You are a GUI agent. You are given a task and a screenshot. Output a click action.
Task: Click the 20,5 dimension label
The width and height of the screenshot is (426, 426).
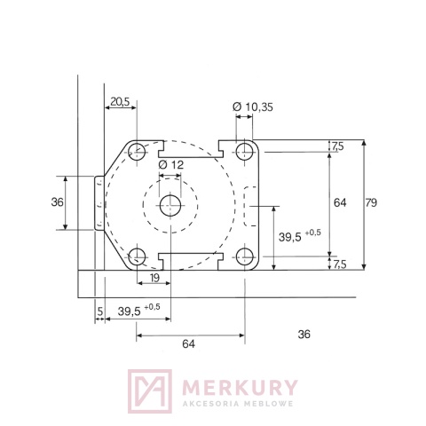point(120,102)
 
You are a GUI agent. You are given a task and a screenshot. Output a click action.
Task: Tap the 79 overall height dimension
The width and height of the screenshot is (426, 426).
point(371,203)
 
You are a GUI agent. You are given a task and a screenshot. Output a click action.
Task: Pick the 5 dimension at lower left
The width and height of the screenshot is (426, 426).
point(100,311)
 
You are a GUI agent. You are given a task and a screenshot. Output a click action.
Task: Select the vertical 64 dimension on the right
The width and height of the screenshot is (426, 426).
point(340,203)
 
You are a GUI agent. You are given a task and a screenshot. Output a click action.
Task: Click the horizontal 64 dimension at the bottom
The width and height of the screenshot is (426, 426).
point(189,342)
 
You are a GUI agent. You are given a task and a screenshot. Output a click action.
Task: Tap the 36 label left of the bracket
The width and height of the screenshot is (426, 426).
point(58,202)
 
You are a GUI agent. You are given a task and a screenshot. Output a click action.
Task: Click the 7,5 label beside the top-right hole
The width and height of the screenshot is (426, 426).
point(337,146)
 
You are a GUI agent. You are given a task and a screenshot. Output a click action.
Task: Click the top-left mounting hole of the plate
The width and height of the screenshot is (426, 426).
point(137,152)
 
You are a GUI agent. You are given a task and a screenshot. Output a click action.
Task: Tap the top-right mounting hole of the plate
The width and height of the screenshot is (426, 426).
point(243,152)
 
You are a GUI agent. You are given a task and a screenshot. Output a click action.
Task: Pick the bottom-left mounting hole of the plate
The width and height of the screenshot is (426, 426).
point(137,257)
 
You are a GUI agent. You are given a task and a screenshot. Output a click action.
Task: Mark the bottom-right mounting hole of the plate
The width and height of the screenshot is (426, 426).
point(243,257)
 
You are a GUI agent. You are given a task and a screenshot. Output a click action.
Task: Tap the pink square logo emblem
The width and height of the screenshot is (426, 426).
point(148,391)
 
